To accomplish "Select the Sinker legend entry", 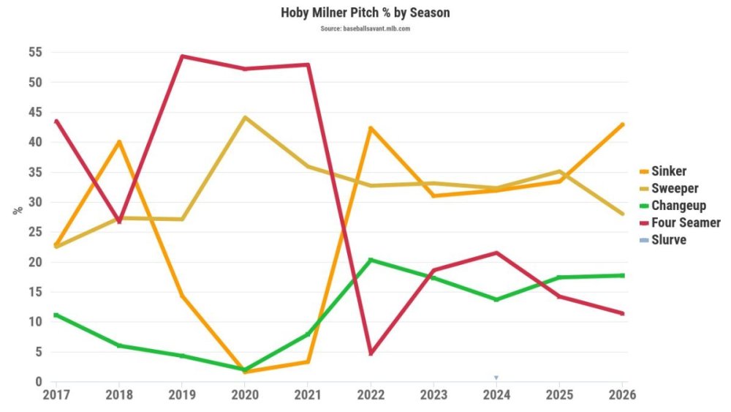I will tap(668, 171).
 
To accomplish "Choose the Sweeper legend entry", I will tap(674, 188).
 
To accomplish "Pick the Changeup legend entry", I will tap(678, 206).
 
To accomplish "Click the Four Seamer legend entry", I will tap(685, 222).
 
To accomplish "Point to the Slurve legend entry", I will tap(668, 239).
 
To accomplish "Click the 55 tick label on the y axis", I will tap(35, 53).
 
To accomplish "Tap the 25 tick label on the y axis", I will tap(35, 233).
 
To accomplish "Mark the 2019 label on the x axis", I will tap(181, 394).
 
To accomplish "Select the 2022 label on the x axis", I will tap(371, 394).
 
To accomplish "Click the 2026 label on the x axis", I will tap(622, 394).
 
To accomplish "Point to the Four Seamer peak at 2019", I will tap(181, 56).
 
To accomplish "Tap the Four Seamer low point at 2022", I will tap(371, 353).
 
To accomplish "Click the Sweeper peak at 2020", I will tap(244, 117).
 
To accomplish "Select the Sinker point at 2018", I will tap(118, 141).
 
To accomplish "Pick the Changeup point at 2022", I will tap(371, 260).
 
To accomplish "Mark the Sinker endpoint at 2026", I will tap(622, 124).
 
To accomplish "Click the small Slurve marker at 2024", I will tap(496, 378).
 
